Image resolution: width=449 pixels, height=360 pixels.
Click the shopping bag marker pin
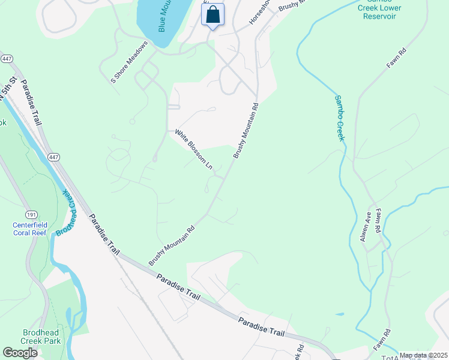213,15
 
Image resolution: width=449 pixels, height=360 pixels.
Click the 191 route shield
32,214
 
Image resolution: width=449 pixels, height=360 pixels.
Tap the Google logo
20,353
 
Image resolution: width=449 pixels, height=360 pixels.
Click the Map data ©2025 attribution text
424,355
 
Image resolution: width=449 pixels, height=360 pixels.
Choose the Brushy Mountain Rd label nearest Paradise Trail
172,245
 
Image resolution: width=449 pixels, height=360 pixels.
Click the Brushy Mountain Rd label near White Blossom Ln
246,130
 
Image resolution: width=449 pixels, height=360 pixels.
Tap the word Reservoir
379,16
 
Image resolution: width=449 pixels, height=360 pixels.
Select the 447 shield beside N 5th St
7,59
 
